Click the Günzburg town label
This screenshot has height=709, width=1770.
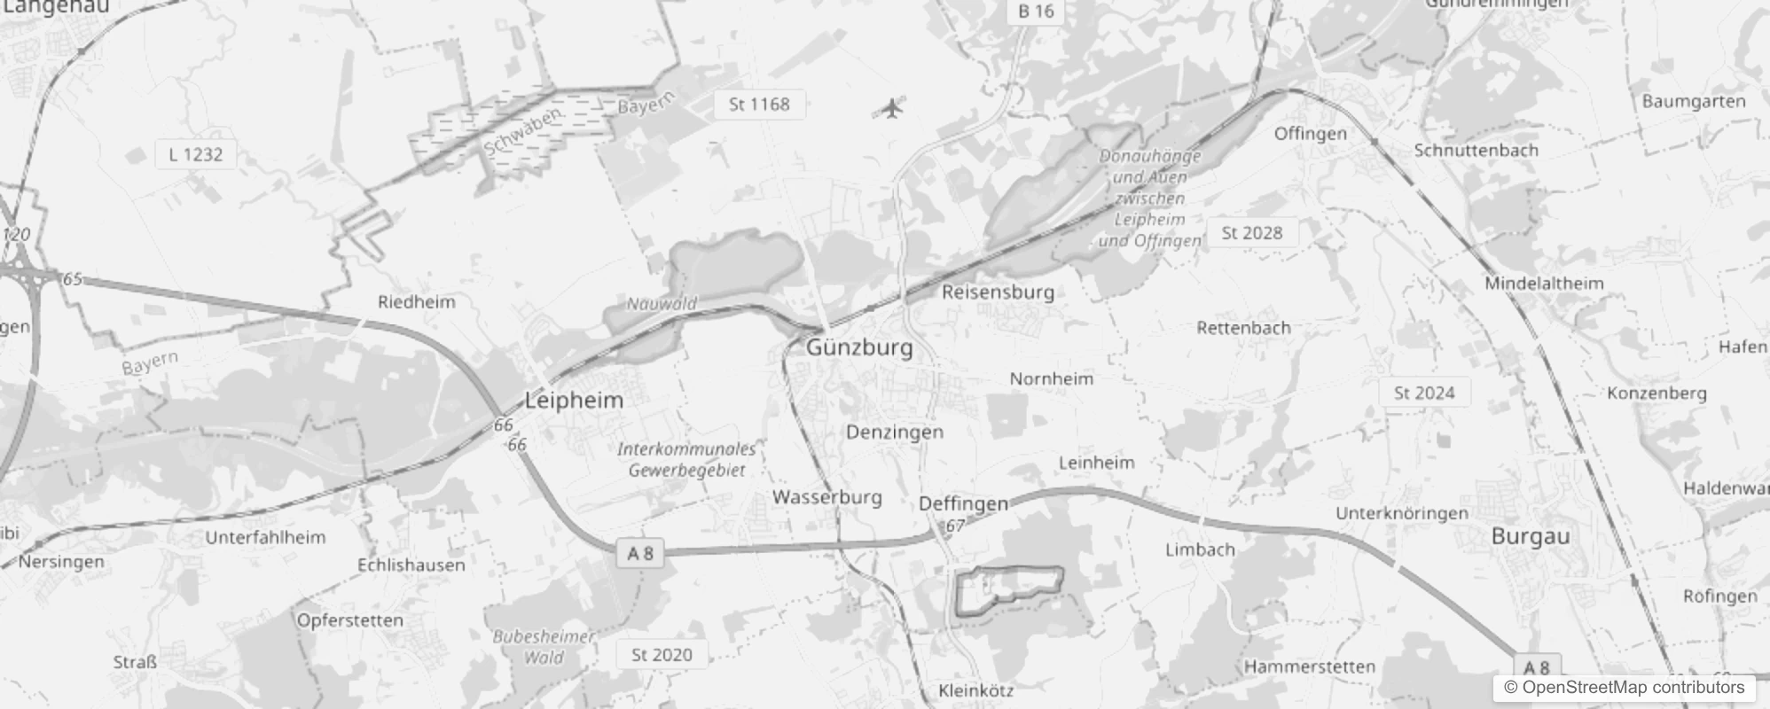(x=859, y=347)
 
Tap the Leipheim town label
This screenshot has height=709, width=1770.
(x=574, y=400)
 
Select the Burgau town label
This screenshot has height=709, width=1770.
(x=1531, y=536)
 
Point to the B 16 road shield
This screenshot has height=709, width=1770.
(x=1036, y=12)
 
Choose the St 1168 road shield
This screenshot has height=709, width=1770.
(x=759, y=105)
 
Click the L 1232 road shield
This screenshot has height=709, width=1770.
(x=196, y=154)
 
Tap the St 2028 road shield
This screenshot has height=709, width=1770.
(x=1251, y=233)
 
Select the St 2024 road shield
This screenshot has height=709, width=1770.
(x=1424, y=393)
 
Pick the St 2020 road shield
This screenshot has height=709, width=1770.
(x=662, y=655)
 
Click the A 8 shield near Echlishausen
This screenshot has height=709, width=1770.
(x=640, y=554)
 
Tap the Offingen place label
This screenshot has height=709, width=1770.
(x=1310, y=134)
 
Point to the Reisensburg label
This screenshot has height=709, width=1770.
(x=998, y=292)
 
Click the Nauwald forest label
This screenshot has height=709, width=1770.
(x=662, y=304)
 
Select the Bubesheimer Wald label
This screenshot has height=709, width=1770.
(x=544, y=647)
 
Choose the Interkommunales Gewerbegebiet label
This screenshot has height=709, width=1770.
(x=687, y=460)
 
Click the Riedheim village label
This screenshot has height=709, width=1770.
(x=416, y=302)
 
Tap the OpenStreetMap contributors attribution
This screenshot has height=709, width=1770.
(x=1624, y=688)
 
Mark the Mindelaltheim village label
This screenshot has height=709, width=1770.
(x=1544, y=284)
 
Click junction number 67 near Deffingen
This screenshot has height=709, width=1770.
(x=954, y=526)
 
